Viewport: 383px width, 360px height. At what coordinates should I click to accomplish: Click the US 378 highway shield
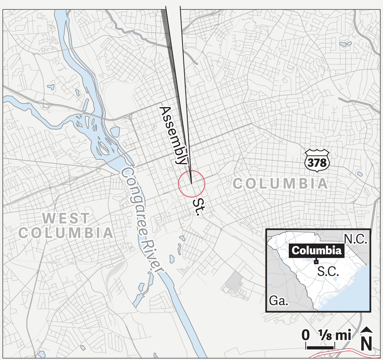tap(317, 159)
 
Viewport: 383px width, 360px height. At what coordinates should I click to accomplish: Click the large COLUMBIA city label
tap(280, 183)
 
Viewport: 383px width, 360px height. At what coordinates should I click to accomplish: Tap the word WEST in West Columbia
tap(66, 218)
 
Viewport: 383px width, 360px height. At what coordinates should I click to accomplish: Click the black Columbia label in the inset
tap(317, 251)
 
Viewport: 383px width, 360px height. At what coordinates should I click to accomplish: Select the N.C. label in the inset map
tap(355, 239)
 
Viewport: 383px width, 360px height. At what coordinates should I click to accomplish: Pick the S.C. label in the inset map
tap(328, 271)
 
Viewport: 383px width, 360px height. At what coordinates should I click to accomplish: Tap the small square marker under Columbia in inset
tap(316, 261)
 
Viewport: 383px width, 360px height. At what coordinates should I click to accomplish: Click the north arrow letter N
tap(367, 343)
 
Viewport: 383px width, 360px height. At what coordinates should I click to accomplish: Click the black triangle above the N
tap(367, 330)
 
